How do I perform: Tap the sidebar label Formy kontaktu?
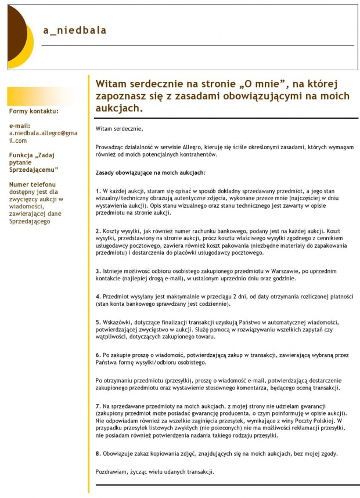34,111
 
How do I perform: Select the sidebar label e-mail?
19,125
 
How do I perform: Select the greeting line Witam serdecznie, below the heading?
119,128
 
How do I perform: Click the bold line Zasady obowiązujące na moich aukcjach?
150,172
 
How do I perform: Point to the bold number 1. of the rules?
98,191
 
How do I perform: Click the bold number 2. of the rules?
98,231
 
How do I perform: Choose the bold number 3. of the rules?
98,271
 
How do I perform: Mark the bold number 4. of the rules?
98,296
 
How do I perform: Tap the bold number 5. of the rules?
98,322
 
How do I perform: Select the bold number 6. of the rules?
98,354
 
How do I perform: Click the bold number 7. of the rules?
98,405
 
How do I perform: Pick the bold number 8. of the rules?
98,453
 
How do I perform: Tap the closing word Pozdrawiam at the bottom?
111,471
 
